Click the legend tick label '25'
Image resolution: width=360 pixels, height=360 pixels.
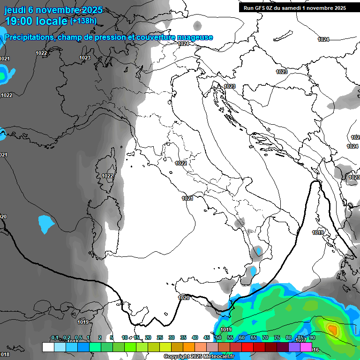[x=159, y=337]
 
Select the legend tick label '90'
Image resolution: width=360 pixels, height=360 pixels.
[x=312, y=337]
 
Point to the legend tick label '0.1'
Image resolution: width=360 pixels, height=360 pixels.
[x=55, y=337]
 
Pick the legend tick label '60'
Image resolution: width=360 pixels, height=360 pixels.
[x=241, y=337]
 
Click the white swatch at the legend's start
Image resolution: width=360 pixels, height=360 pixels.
[x=48, y=347]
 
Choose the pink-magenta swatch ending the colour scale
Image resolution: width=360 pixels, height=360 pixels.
[x=306, y=347]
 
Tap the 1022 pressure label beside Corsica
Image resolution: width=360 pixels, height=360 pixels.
[x=107, y=176]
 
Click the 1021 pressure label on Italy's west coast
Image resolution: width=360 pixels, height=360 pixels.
[x=187, y=198]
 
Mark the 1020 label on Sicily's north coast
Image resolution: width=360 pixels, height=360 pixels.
[x=184, y=298]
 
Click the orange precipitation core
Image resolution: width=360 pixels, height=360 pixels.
[x=332, y=329]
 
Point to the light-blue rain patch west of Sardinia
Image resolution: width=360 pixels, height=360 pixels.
[x=46, y=224]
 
